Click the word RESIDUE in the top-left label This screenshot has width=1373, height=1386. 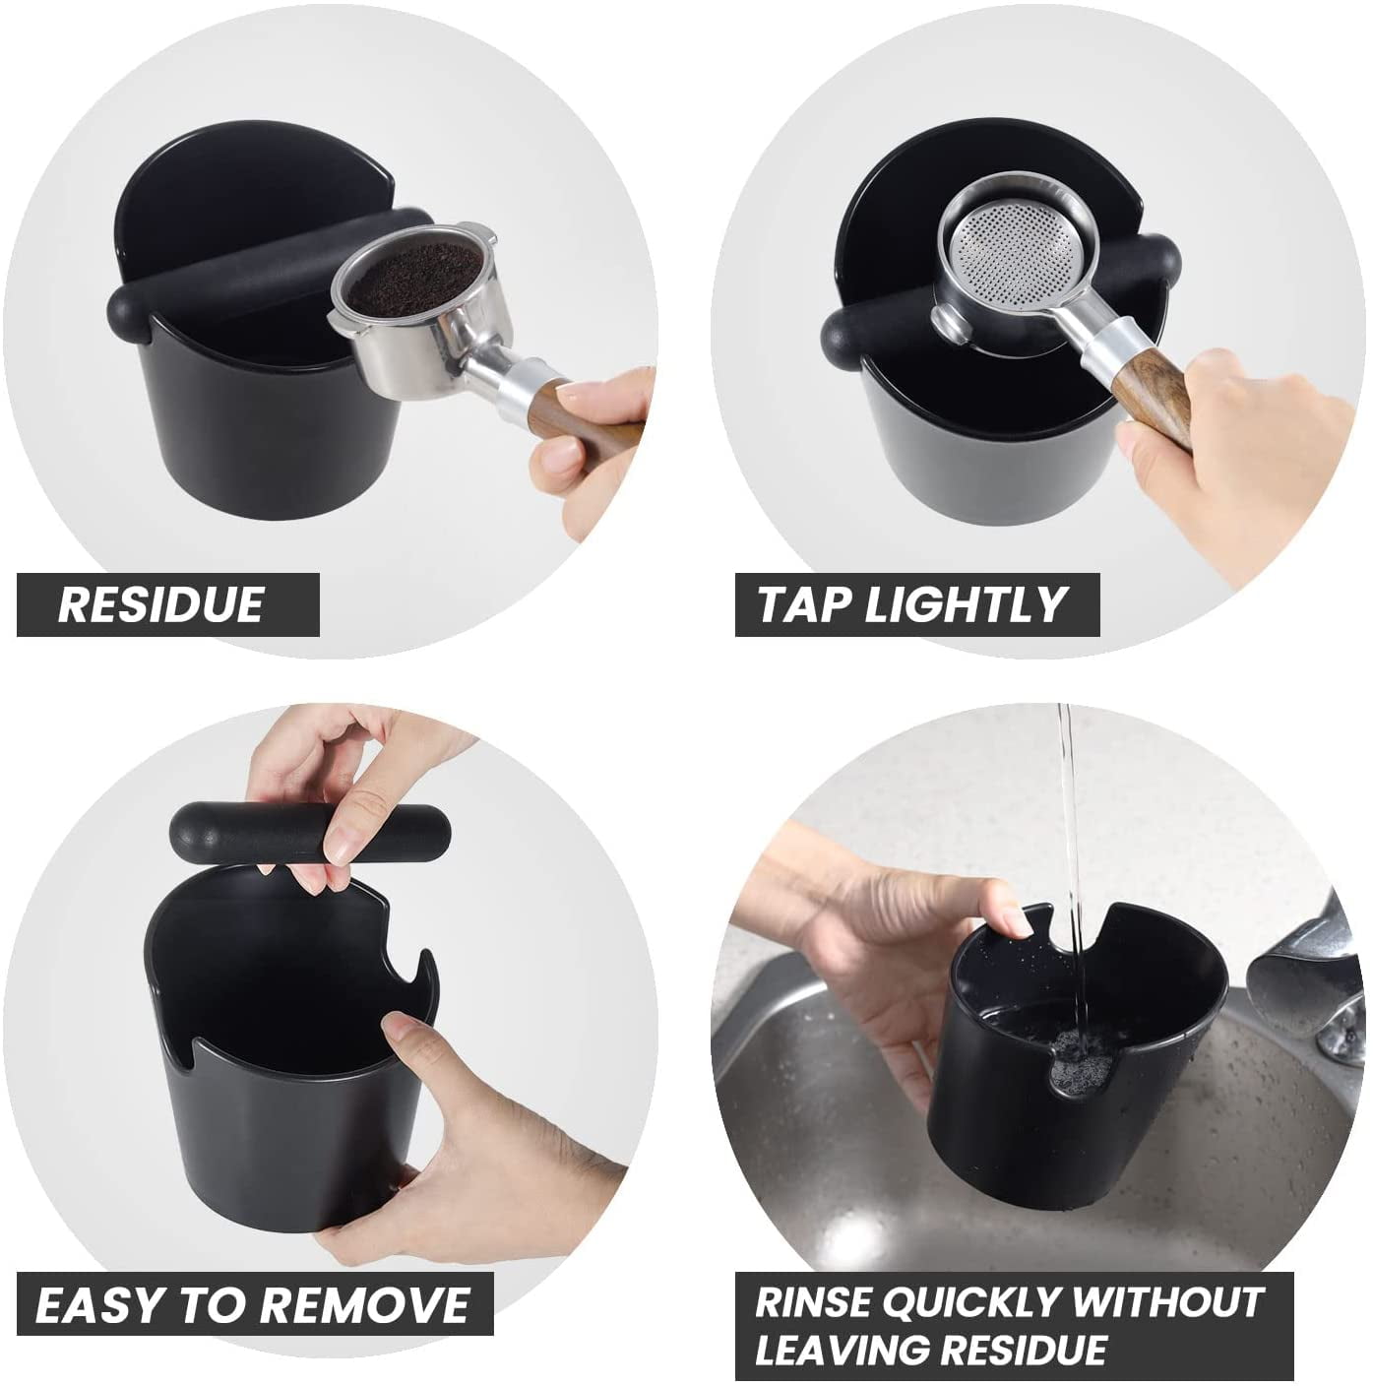tap(160, 604)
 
